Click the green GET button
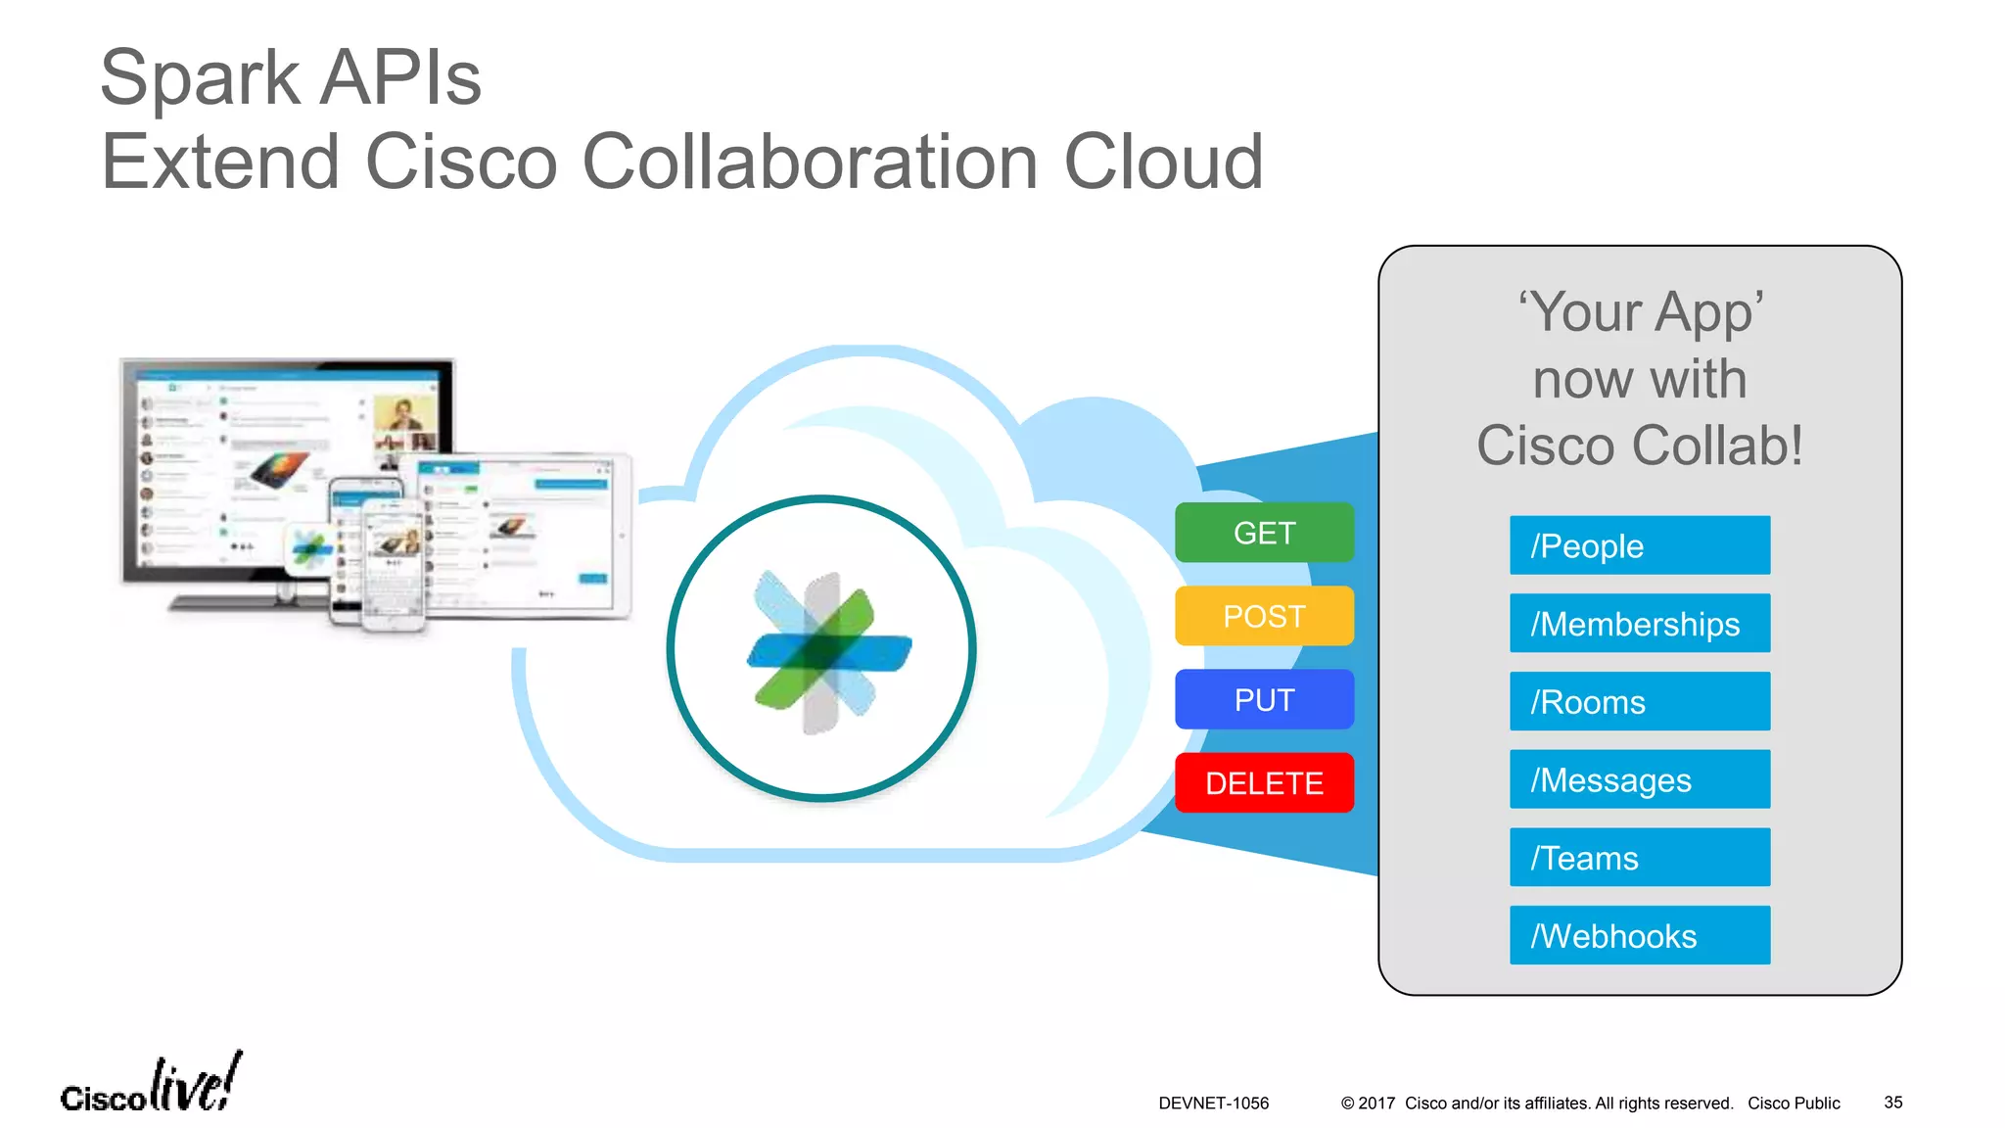click(1264, 533)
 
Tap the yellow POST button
click(1264, 616)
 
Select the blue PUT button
click(1264, 699)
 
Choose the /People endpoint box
click(1639, 545)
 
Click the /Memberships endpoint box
click(1639, 624)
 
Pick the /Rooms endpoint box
click(1639, 701)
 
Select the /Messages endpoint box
click(1639, 779)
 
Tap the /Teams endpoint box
click(1639, 858)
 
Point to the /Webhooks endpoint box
click(1639, 935)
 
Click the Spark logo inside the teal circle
click(827, 652)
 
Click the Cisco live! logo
click(151, 1085)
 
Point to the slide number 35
click(1892, 1103)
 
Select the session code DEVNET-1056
click(1213, 1104)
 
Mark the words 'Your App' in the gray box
click(1640, 312)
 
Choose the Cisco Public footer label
click(1794, 1104)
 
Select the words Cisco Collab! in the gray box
click(1640, 446)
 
